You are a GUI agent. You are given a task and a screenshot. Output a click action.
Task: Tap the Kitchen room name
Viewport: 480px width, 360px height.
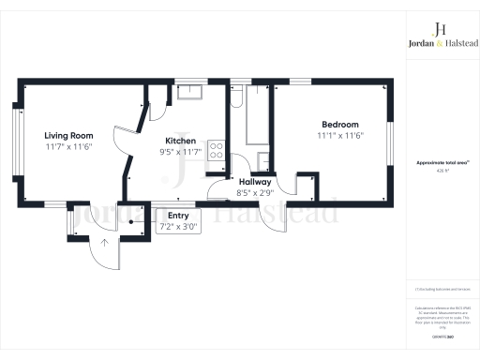click(x=180, y=140)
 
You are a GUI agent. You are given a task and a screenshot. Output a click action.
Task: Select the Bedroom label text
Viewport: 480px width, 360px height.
click(x=339, y=125)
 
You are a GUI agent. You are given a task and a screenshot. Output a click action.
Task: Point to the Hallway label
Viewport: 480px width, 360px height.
click(x=255, y=182)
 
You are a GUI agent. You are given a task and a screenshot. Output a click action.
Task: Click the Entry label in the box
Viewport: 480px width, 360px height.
click(x=177, y=215)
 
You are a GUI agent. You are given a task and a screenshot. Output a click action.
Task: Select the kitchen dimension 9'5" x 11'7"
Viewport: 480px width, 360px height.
click(x=180, y=151)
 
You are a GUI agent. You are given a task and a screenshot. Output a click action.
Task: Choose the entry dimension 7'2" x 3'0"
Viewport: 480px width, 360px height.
click(x=177, y=226)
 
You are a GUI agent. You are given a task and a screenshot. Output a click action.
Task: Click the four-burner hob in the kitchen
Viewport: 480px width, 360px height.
click(x=216, y=151)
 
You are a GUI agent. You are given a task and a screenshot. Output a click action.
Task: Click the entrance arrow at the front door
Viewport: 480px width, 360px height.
click(x=105, y=245)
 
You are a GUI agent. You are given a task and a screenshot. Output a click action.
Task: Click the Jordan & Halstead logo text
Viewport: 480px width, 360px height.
click(x=440, y=42)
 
